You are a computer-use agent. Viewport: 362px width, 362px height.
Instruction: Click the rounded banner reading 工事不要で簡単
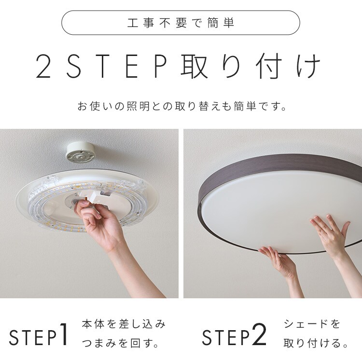(181, 23)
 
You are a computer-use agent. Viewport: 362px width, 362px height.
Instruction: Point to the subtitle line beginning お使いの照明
(181, 106)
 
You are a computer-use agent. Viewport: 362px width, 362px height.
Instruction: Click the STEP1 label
(39, 337)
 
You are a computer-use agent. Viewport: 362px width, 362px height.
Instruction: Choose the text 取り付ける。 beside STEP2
(316, 344)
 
